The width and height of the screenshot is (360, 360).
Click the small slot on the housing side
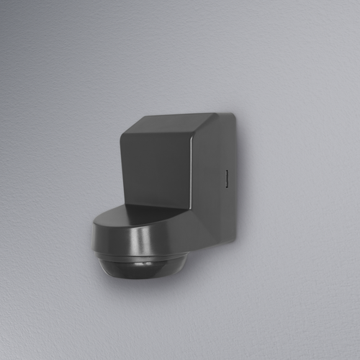tap(225, 178)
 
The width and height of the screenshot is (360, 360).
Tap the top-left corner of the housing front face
tap(122, 135)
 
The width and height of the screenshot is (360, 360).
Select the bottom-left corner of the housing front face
tap(122, 205)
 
